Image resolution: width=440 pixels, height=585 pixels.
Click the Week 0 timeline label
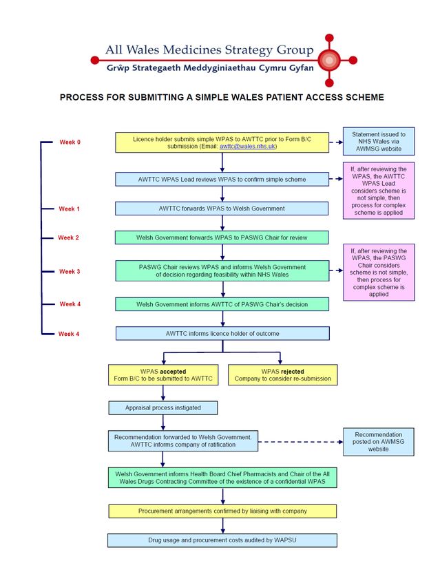click(70, 142)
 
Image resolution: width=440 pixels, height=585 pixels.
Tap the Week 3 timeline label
click(70, 272)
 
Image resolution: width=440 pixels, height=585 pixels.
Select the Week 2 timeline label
click(68, 237)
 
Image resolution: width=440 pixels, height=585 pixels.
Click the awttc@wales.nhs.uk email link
click(247, 146)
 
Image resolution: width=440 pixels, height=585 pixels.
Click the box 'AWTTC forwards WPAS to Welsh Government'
click(222, 209)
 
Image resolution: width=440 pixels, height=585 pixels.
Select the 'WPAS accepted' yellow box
click(163, 375)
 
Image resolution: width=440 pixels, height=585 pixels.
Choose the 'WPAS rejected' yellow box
click(282, 375)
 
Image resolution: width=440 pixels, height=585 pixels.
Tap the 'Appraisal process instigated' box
click(163, 408)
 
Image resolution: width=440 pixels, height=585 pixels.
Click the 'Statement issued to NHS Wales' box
click(379, 141)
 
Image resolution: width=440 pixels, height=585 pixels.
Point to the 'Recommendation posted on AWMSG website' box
click(379, 442)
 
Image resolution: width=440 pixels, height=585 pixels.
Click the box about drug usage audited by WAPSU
click(222, 540)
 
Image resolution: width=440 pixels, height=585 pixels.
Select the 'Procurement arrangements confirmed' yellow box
click(222, 511)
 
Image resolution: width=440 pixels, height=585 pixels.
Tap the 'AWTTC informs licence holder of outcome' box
click(222, 334)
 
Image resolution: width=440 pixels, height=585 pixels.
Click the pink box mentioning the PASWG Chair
click(379, 273)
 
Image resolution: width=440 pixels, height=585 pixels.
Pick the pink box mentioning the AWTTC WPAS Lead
click(379, 191)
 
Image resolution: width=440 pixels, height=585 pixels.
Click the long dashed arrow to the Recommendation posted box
click(300, 442)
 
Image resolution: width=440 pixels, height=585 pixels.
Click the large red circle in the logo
click(329, 60)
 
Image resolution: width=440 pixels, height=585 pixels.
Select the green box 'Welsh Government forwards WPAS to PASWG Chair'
click(222, 237)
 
